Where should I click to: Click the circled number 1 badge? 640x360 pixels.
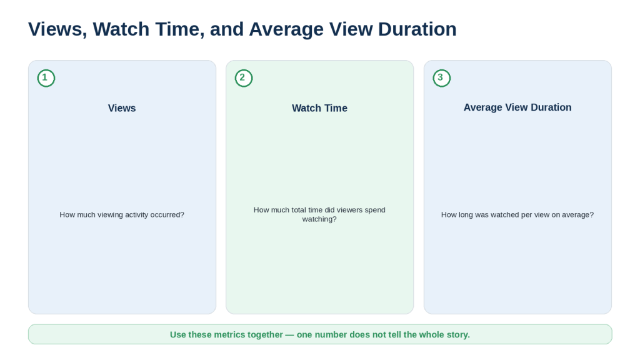(46, 78)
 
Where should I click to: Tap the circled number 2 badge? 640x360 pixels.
(244, 78)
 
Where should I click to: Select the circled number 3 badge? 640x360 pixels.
(442, 78)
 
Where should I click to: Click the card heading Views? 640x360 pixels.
(122, 108)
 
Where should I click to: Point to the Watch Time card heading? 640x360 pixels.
(319, 108)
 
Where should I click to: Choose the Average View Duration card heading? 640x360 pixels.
(517, 107)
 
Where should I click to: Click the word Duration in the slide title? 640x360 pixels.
(417, 29)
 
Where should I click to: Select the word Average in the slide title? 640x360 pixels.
(286, 30)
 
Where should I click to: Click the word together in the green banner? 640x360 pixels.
(265, 335)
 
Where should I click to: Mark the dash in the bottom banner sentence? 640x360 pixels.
(289, 335)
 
